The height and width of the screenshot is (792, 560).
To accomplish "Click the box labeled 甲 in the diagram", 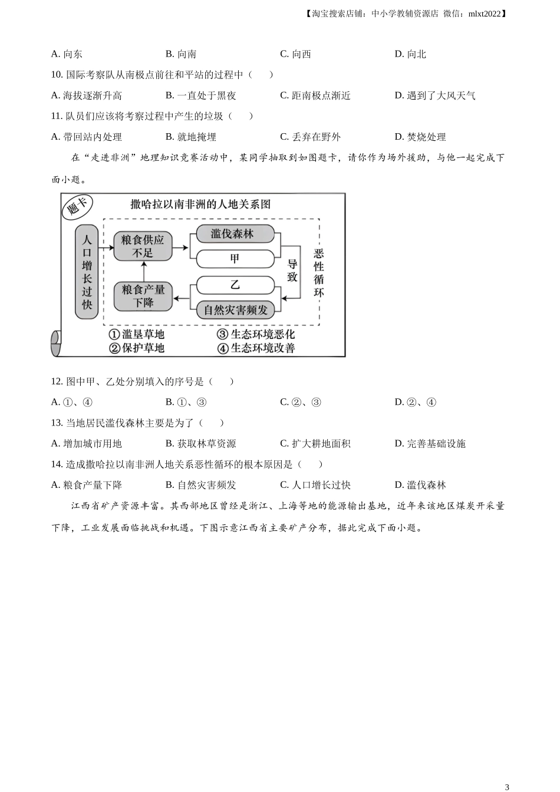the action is [x=235, y=259].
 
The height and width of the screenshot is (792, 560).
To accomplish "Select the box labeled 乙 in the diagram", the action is [x=235, y=285].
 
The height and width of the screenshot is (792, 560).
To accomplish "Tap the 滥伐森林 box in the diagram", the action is [x=235, y=234].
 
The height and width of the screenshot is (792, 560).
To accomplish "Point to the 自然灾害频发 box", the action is [x=235, y=310].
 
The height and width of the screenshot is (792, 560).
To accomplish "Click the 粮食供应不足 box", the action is [x=143, y=246].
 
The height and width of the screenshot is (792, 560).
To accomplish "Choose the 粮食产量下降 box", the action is [x=143, y=296].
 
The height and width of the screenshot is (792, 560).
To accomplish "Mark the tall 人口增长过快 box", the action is [x=87, y=272].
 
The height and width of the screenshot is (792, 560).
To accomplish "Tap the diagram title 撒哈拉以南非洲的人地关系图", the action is [x=200, y=204].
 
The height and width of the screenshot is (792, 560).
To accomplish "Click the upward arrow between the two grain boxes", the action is [x=144, y=272].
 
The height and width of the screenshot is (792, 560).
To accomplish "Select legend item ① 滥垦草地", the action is [x=137, y=334].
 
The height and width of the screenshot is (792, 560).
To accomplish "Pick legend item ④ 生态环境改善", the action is [x=256, y=348].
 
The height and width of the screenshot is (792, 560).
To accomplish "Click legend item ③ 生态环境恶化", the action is [x=256, y=334].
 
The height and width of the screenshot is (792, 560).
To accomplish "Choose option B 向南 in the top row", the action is [x=181, y=54].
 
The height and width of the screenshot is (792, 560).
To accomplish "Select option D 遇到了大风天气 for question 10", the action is [x=435, y=95].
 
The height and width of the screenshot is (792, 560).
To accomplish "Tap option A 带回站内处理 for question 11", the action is [x=86, y=137].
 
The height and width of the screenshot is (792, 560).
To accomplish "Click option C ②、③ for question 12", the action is [x=301, y=402].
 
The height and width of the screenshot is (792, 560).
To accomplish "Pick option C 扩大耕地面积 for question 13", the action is [x=315, y=443].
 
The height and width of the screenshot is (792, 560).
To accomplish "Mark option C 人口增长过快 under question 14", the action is [x=315, y=485].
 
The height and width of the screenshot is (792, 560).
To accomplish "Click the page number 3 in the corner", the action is [x=507, y=787].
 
